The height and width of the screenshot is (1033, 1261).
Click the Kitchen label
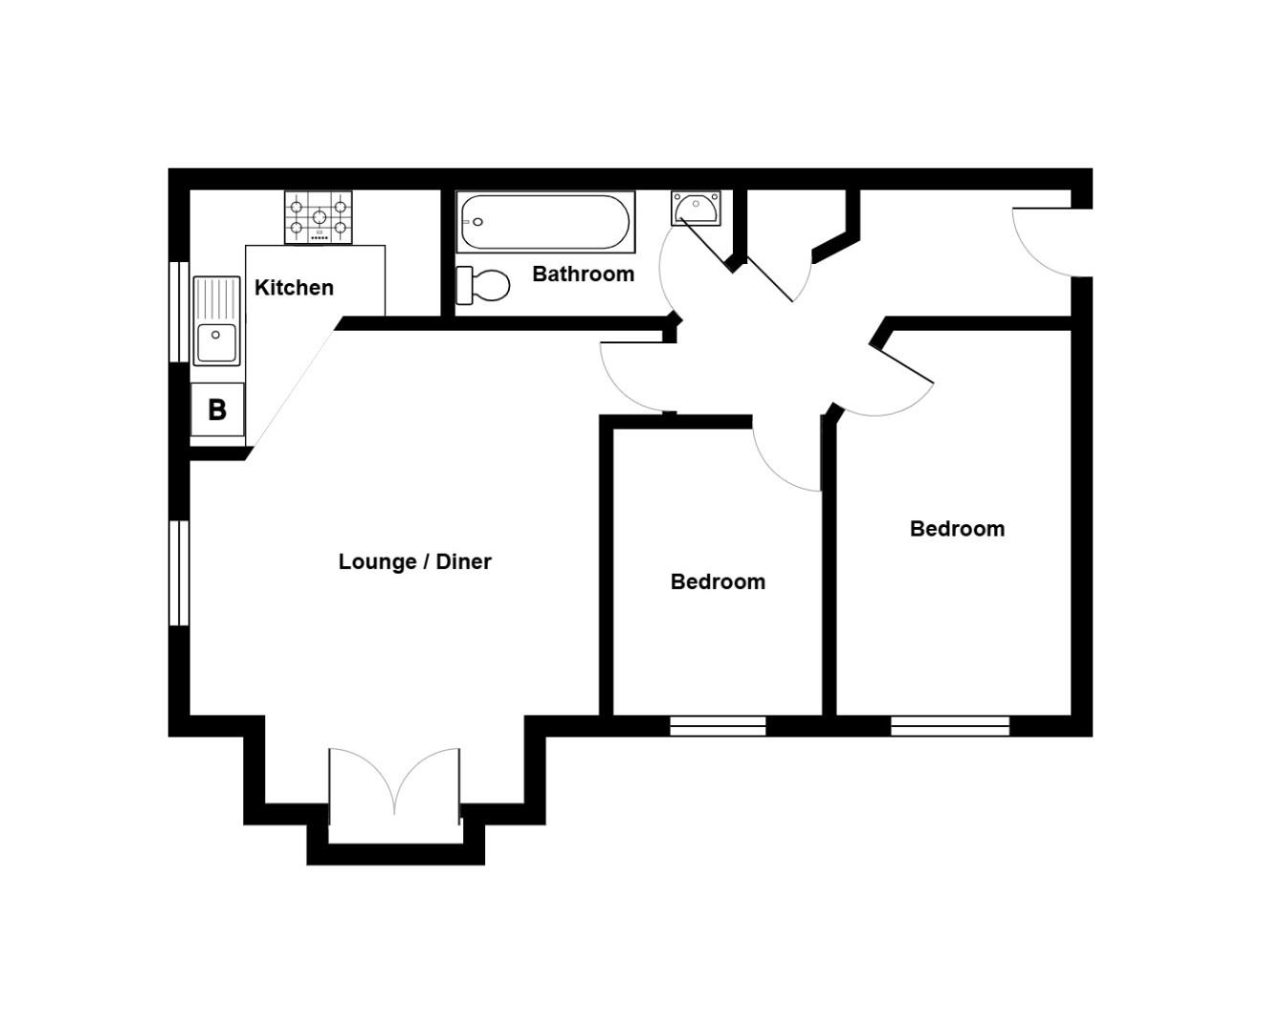point(294,288)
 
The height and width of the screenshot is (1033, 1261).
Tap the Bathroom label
point(583,275)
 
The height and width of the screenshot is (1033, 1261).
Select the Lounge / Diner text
point(414,561)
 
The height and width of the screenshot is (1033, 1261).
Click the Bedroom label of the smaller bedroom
point(718,582)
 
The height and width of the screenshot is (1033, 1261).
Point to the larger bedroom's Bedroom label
point(957,529)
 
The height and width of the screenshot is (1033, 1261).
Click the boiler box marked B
point(217,409)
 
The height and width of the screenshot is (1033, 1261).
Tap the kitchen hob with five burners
point(319,217)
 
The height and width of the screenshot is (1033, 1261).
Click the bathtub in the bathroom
point(545,222)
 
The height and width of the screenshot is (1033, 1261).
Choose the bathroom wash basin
point(696,208)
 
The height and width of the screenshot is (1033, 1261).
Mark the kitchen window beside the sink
point(179,311)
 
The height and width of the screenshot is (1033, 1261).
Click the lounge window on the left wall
point(179,572)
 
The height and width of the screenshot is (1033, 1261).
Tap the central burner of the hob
point(320,217)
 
